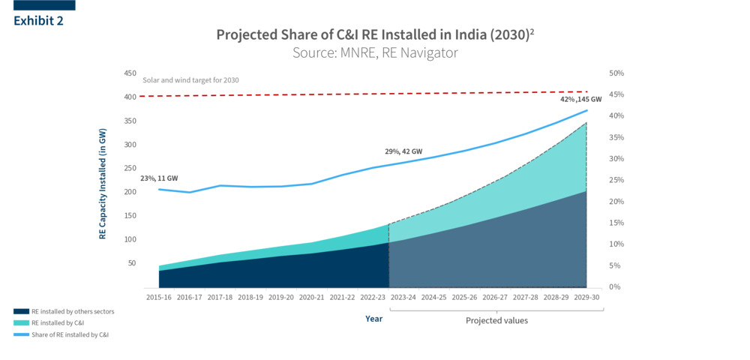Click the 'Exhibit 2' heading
click(38, 20)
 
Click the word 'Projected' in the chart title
click(247, 34)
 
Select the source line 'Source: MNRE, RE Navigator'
click(375, 53)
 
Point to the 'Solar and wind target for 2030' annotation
click(190, 80)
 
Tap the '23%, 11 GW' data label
click(159, 178)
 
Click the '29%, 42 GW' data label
click(403, 151)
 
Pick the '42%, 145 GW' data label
click(580, 99)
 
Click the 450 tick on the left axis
click(130, 73)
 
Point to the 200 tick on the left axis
click(130, 192)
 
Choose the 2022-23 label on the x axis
click(373, 298)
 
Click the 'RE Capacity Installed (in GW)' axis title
click(103, 184)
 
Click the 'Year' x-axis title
click(373, 319)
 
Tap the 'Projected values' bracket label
click(496, 321)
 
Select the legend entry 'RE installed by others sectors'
click(73, 310)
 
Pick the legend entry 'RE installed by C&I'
click(58, 322)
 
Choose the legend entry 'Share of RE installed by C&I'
click(70, 334)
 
